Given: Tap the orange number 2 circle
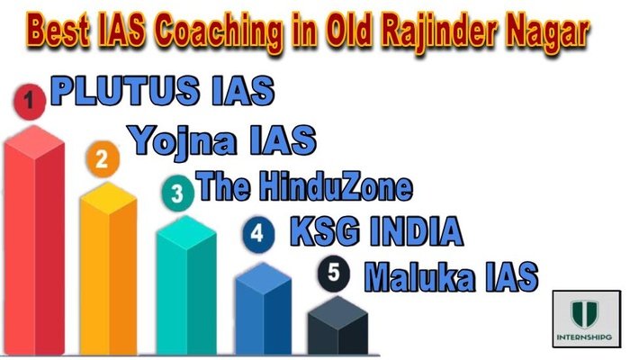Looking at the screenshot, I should coord(102,160).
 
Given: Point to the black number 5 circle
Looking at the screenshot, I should coord(334,274).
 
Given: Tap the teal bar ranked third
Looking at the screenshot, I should coord(184,288).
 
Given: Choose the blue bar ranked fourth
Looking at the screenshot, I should coord(262,310).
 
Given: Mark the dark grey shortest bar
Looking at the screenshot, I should coord(336,328).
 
